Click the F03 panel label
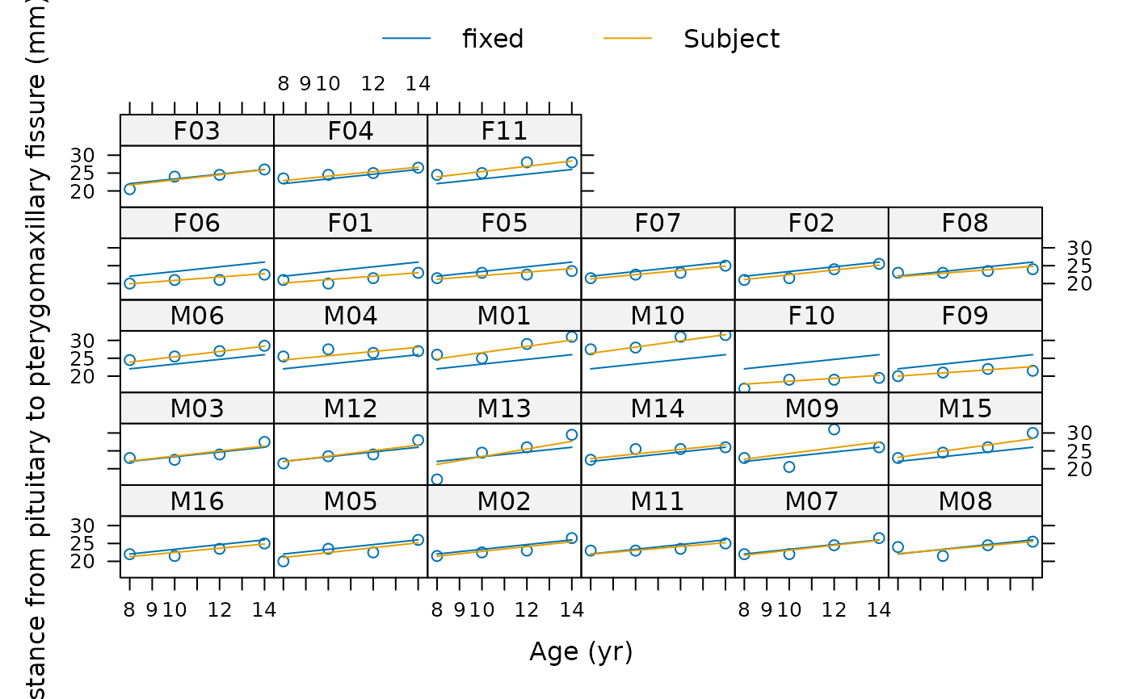tap(196, 131)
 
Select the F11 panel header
tap(504, 131)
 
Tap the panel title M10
tap(658, 316)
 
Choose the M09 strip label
tap(811, 409)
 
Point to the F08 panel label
tap(965, 224)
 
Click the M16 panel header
tap(196, 502)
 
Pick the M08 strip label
tap(965, 502)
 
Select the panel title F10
tap(811, 316)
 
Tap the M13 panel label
tap(504, 409)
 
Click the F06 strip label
tap(196, 224)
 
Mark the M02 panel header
tap(504, 502)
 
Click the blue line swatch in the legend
tap(406, 38)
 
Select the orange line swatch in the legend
tap(628, 38)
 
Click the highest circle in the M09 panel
tap(834, 429)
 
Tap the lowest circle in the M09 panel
tap(789, 467)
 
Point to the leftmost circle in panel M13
tap(437, 479)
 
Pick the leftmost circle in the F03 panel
tap(129, 189)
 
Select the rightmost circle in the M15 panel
tap(1032, 433)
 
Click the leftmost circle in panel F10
tap(744, 389)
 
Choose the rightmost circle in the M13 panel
tap(572, 435)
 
